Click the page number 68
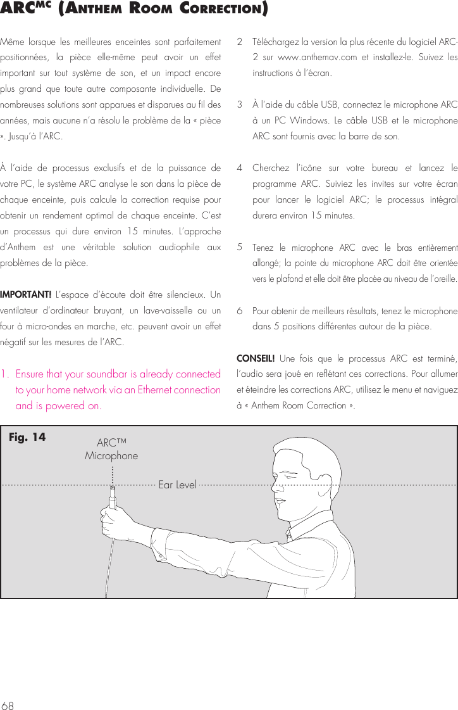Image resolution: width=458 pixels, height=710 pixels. coord(8,700)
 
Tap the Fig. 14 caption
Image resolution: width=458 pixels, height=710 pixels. coord(27,437)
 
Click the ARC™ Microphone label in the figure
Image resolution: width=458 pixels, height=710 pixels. coord(111,449)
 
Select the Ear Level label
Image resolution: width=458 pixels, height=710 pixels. coord(177,485)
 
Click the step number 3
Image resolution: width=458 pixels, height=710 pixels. coord(239,104)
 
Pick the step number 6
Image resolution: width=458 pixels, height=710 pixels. coord(239,312)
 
